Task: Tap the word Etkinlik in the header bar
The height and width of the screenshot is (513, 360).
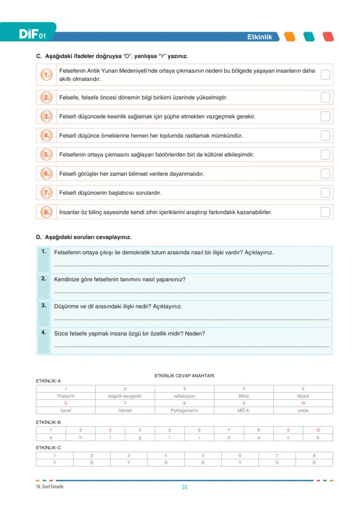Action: pos(260,37)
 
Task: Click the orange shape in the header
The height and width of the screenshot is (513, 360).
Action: pos(290,37)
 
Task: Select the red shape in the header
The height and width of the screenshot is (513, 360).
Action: pos(328,37)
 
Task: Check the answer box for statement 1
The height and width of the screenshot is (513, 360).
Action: pos(325,75)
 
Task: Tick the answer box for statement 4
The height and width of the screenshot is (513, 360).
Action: pos(325,136)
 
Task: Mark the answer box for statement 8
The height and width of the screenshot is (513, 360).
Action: pos(325,212)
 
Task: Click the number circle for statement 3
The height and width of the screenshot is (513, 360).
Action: pos(47,117)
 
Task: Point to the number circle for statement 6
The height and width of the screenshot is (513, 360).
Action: pos(47,174)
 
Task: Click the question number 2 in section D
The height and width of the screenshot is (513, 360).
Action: pos(43,279)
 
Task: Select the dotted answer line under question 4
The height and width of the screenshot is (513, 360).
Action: pos(191,346)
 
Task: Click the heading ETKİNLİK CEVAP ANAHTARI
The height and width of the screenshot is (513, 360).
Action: pos(184,376)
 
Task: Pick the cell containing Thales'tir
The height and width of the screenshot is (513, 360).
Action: pos(66,396)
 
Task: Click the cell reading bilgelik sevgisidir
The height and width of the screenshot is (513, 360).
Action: pos(125,396)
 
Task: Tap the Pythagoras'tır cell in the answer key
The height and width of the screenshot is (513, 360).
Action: pos(184,410)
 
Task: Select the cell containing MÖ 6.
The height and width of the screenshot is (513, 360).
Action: pos(243,410)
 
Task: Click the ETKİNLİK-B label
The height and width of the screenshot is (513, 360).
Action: pos(48,422)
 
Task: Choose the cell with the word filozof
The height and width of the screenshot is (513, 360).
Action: pos(303,396)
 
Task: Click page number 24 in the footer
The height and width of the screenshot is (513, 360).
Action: pos(184,487)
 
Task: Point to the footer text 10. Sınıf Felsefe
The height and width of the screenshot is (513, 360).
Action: pos(50,486)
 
